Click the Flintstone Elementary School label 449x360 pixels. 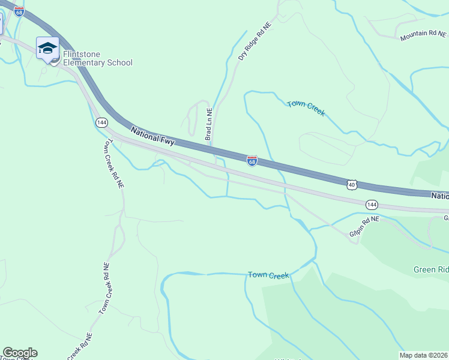click(98, 58)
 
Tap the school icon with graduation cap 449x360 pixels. click(47, 47)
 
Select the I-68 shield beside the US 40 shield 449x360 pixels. click(252, 161)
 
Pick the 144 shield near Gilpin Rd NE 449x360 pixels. click(372, 205)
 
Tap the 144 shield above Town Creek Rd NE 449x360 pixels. click(101, 122)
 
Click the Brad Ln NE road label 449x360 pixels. click(209, 124)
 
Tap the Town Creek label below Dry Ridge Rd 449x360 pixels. click(306, 108)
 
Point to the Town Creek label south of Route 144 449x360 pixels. click(268, 275)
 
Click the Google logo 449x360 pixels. click(20, 353)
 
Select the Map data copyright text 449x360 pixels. click(424, 355)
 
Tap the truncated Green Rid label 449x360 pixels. click(431, 269)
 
